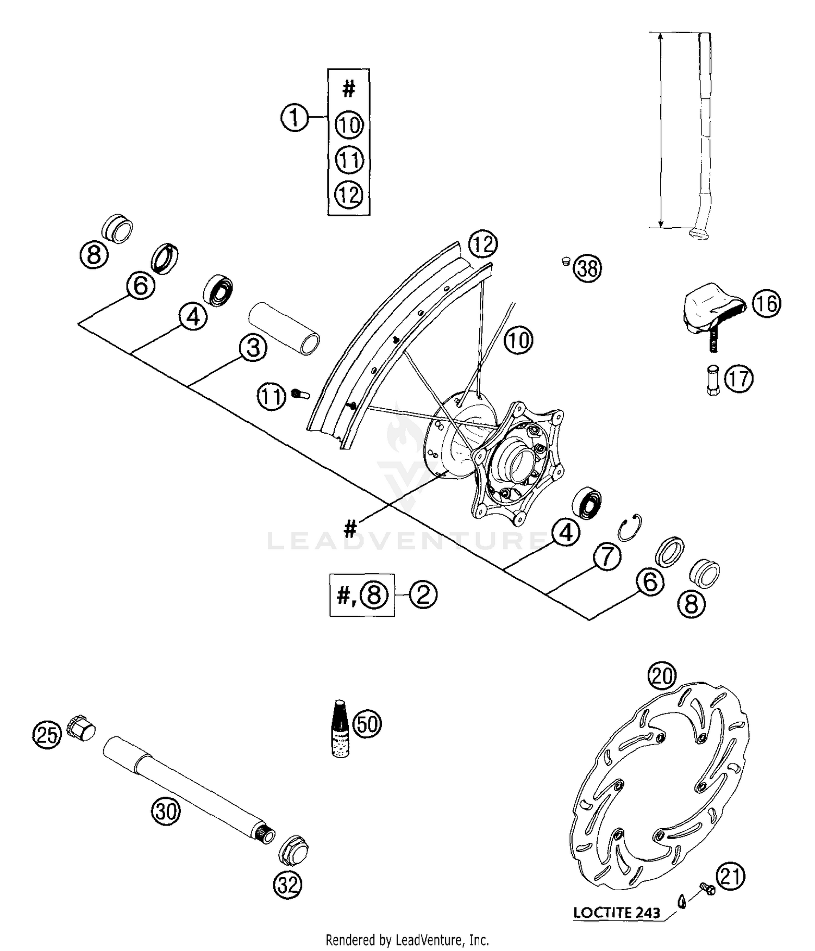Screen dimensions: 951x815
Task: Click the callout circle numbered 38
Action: coord(587,268)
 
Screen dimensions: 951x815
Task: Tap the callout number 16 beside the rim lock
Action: coord(767,303)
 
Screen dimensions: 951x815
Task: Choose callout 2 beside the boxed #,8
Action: coord(423,595)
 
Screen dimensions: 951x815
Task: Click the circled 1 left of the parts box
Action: coord(295,117)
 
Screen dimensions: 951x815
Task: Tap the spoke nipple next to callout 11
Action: coord(300,394)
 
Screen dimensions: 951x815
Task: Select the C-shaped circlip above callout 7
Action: coord(632,527)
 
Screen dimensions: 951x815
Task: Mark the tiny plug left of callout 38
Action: coord(566,261)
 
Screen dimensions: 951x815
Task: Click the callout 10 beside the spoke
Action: coord(518,341)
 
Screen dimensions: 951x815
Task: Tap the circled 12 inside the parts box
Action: coord(349,195)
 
